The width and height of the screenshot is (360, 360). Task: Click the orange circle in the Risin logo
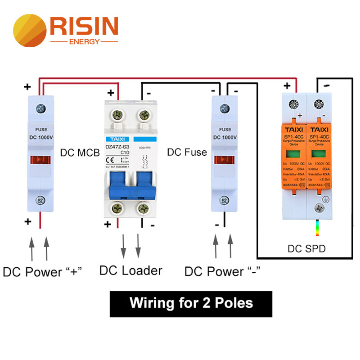(x=30, y=31)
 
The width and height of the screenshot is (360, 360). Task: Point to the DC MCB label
(x=80, y=153)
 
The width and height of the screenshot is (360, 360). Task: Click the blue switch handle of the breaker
(x=131, y=187)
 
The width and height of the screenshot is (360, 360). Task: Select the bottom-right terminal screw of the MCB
(x=144, y=208)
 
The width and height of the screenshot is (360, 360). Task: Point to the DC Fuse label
(x=187, y=153)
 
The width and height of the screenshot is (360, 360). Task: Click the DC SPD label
(x=306, y=249)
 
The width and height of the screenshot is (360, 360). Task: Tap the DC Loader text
(x=130, y=270)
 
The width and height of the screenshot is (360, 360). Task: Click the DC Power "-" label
(x=222, y=271)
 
